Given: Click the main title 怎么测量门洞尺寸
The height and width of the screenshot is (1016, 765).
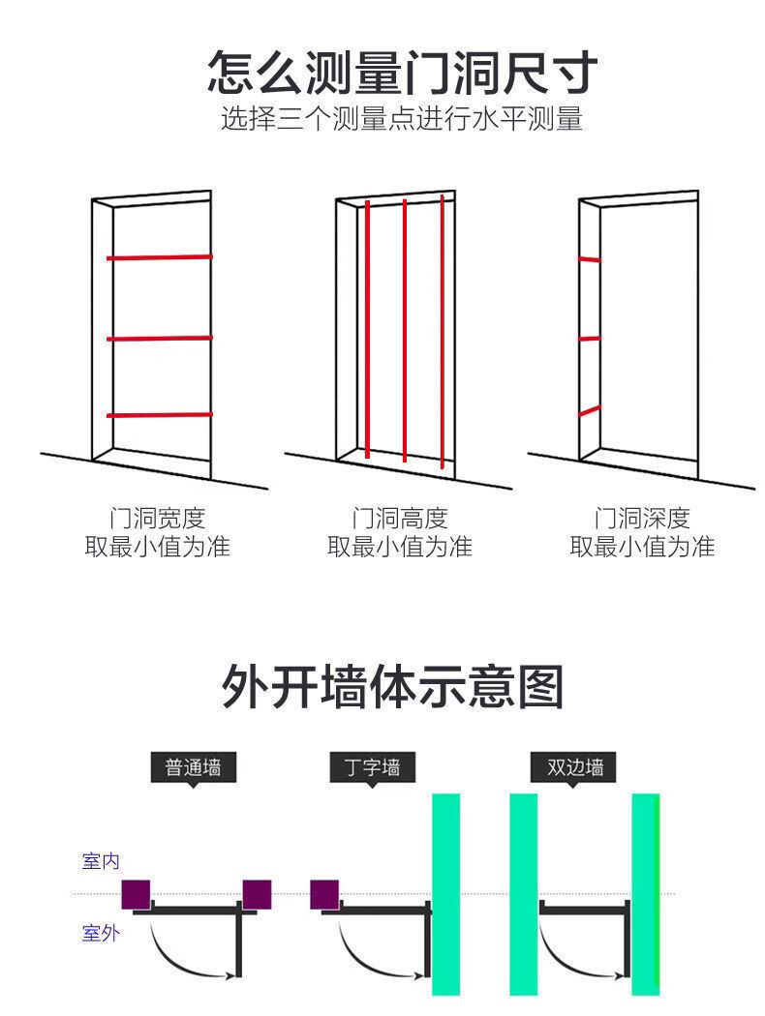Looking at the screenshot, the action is point(402,74).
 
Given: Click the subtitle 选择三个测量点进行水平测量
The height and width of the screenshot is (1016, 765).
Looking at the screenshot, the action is point(402,120).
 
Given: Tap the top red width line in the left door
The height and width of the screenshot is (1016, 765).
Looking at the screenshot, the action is point(160,257).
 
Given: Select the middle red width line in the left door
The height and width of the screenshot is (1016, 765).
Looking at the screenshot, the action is point(160,339).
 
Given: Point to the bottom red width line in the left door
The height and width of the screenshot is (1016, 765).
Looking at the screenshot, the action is point(160,414).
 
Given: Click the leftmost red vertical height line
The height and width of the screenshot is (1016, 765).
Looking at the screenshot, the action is point(368,329).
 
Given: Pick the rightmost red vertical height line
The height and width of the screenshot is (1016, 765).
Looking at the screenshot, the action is point(442,329).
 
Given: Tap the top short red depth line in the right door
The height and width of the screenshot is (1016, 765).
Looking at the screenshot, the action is point(589,259).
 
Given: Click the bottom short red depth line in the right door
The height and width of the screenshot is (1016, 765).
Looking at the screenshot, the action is point(589,411).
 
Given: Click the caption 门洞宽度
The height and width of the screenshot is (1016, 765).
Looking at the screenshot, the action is point(157,519).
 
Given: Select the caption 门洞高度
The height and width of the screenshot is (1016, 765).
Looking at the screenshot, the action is point(399,519).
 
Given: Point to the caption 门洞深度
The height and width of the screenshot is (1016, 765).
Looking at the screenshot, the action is point(641,519).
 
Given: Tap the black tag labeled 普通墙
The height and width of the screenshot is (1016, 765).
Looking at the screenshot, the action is point(193,767).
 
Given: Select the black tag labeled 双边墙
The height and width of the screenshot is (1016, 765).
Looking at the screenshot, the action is point(574,767).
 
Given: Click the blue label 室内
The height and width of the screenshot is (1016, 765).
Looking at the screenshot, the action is point(101,860).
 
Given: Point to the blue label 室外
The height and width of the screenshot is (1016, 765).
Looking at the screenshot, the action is point(101,934).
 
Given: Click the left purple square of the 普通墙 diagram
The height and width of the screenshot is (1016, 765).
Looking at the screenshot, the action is point(137,894).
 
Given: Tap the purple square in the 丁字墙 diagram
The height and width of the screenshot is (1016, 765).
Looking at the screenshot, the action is point(324,894).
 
